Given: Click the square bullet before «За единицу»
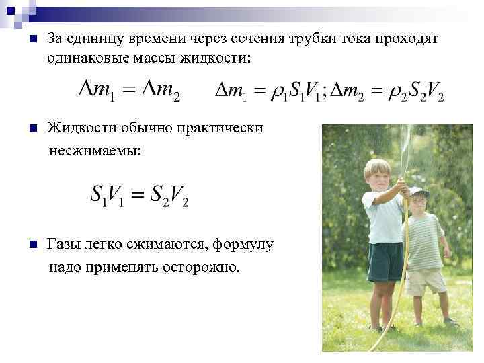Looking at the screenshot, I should pos(25,40).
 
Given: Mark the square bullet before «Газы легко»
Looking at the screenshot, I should pos(25,245).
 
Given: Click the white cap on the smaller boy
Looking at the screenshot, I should pos(418,191).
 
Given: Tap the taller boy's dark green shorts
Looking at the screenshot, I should pos(385,261).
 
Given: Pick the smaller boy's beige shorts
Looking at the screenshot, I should pos(425,282).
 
